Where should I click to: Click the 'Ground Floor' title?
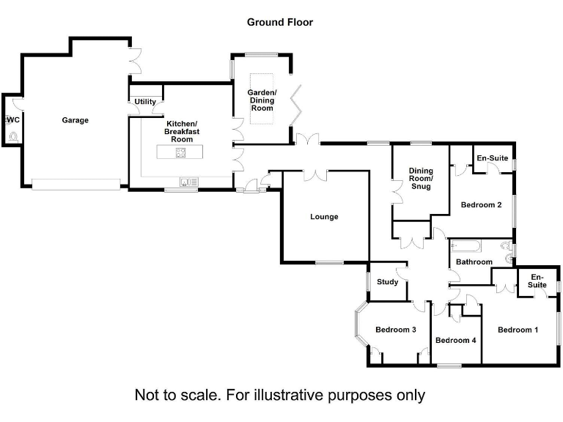(280, 22)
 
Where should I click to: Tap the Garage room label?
(75, 120)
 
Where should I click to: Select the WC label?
(12, 120)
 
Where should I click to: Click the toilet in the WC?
(13, 136)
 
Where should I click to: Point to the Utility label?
(145, 102)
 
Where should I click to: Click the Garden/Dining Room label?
(262, 100)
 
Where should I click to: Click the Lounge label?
(324, 217)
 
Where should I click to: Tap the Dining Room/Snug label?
(421, 179)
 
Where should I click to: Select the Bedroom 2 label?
(481, 205)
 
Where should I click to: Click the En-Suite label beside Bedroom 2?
(492, 158)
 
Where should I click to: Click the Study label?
(387, 282)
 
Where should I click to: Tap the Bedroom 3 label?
(396, 330)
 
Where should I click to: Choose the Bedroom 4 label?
(456, 340)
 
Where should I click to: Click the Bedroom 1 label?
(518, 330)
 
